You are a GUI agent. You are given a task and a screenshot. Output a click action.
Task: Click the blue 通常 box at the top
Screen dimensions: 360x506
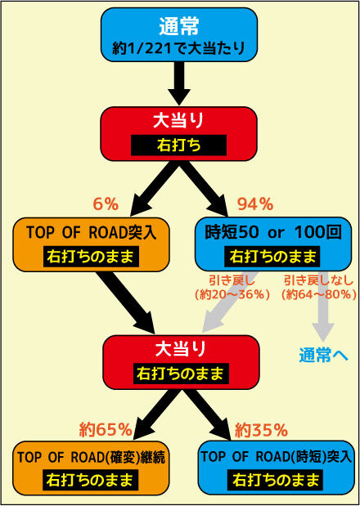point(179,35)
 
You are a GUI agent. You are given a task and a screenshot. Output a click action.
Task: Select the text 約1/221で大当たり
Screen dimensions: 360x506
point(179,48)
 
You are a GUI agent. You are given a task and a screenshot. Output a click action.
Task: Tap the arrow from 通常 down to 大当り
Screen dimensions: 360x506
point(179,83)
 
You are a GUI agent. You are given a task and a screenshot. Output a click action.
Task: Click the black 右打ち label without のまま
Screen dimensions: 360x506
point(178,146)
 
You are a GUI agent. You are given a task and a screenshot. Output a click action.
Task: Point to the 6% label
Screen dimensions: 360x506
point(106,204)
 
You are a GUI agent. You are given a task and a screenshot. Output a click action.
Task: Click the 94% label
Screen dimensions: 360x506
point(255,204)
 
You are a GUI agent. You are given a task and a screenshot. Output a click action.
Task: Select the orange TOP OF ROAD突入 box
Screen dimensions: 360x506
point(91,244)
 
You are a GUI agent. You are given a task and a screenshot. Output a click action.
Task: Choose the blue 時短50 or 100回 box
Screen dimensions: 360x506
point(273,244)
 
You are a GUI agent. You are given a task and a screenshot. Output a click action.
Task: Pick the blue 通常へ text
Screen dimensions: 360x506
point(323,356)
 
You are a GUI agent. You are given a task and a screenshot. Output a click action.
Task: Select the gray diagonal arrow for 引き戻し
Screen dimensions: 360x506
point(231,302)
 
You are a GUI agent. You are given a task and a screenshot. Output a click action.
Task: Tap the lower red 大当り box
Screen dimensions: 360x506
point(181,362)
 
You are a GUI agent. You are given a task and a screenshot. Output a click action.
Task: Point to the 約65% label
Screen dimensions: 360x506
point(106,429)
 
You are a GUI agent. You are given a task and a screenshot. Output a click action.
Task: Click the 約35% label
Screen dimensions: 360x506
point(261,429)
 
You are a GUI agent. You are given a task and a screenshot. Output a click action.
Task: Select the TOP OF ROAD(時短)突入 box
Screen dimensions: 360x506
point(276,468)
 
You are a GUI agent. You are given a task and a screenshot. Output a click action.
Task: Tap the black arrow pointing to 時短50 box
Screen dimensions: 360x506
point(204,189)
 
